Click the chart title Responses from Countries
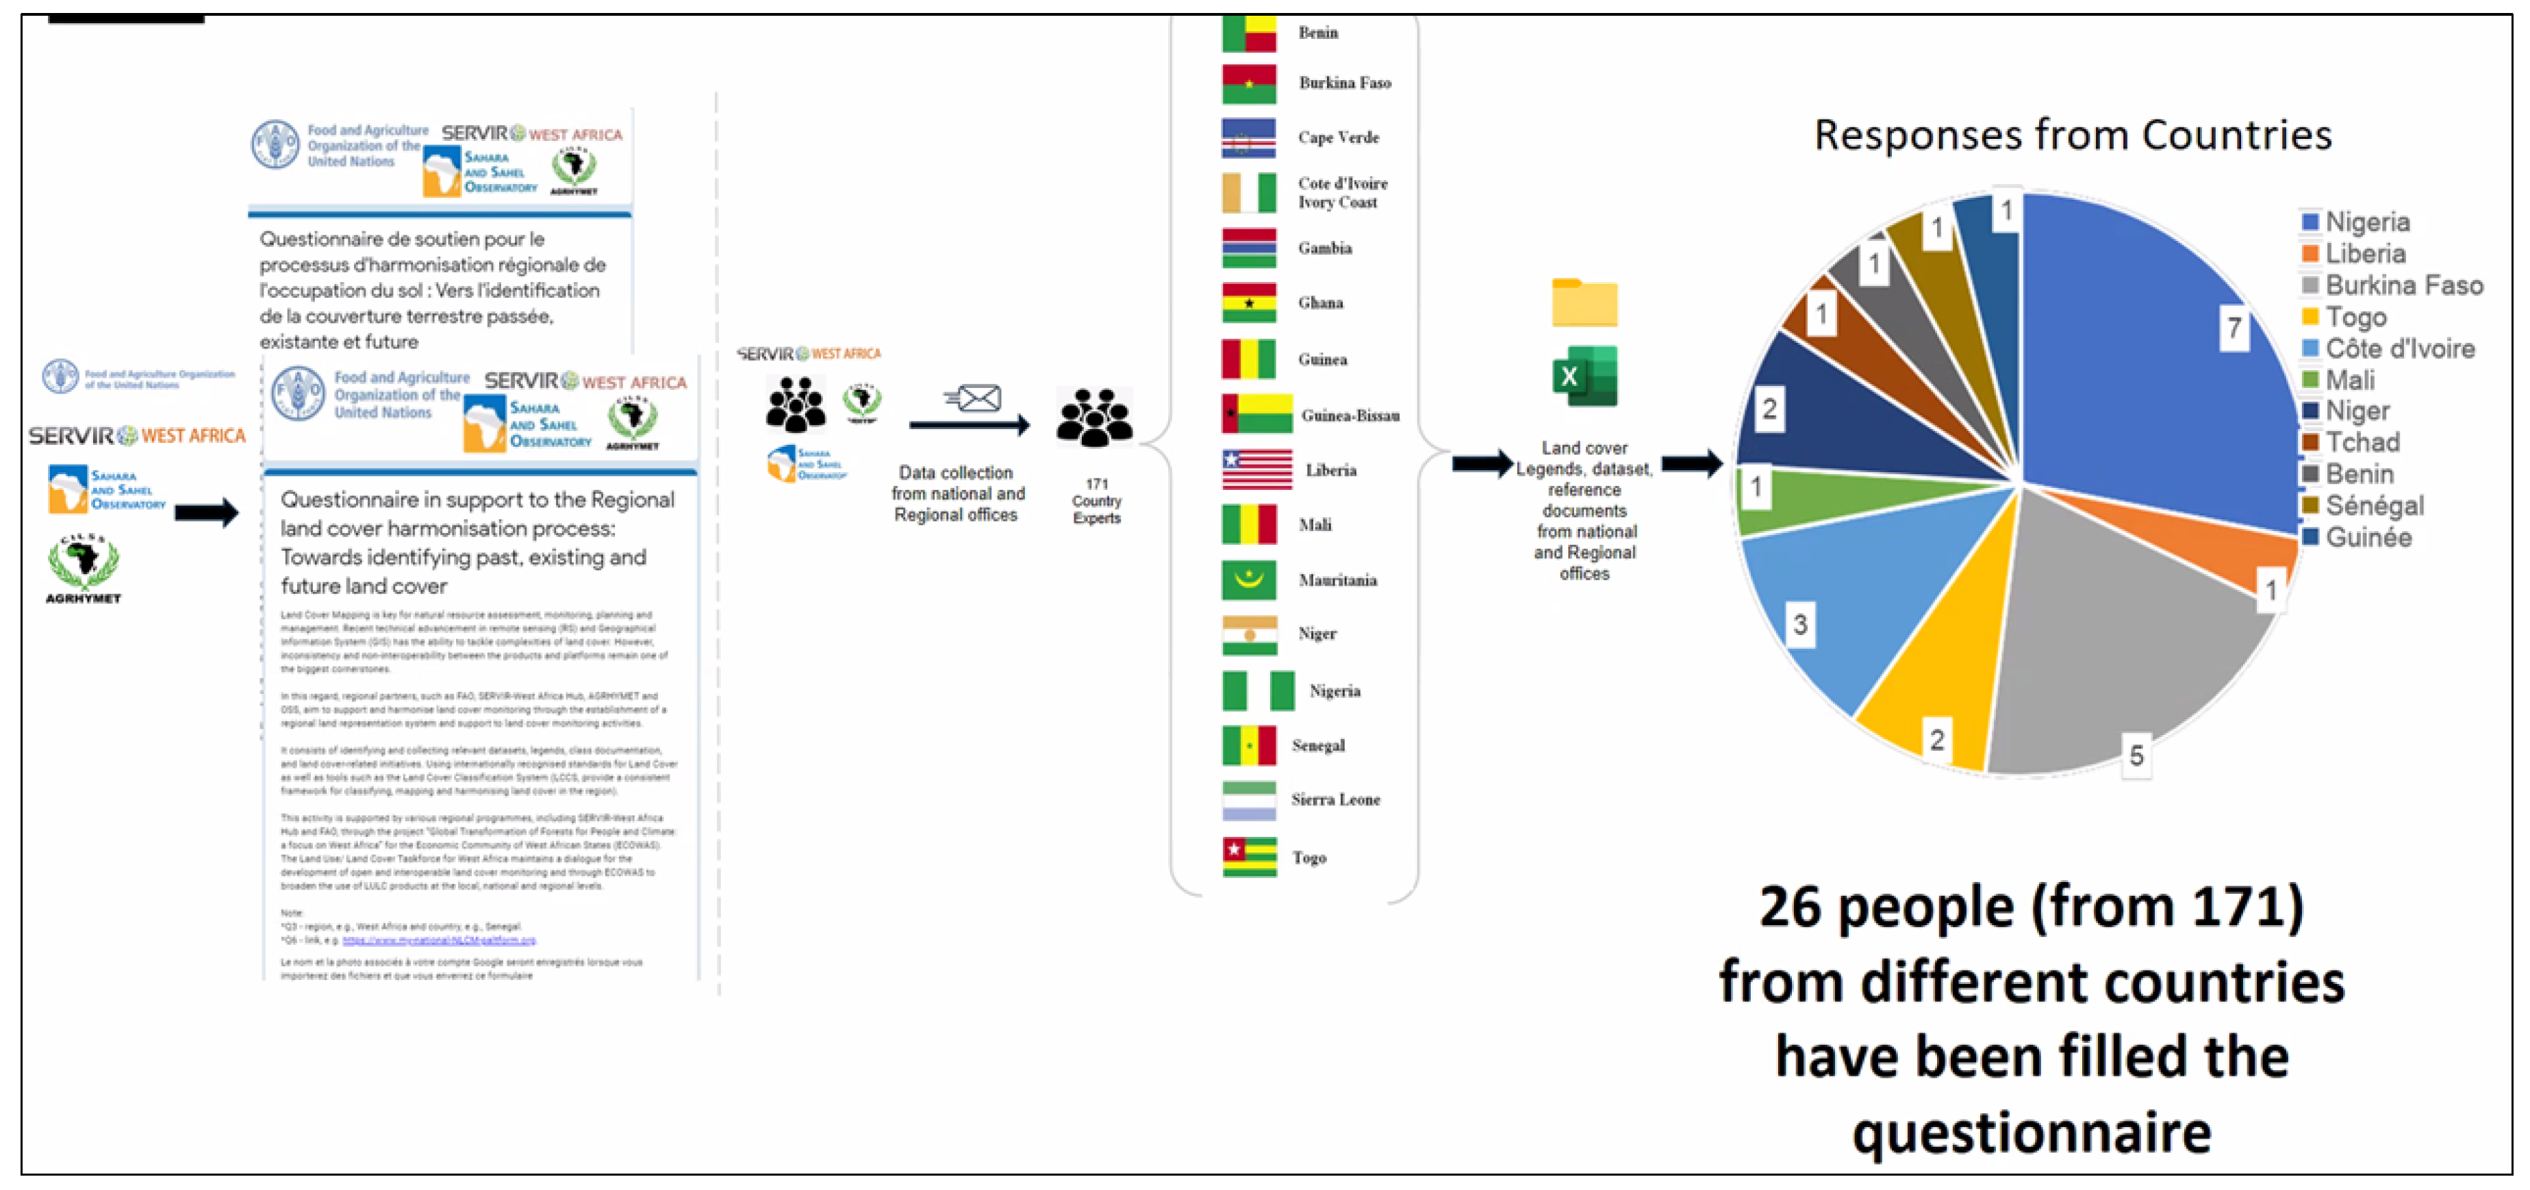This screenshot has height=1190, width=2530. coord(2073,135)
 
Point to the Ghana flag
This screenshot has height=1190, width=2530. coord(1248,302)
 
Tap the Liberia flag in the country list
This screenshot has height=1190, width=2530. coord(1256,469)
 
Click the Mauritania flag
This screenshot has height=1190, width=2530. coord(1248,580)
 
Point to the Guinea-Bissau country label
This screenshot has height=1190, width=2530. coord(1350,415)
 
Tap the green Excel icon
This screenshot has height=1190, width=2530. coord(1584,376)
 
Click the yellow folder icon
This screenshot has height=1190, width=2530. coord(1584,302)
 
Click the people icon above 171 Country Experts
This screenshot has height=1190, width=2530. coord(1095,417)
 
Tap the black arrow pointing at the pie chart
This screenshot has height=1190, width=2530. coord(1691,463)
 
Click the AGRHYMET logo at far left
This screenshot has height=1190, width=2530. coord(84,567)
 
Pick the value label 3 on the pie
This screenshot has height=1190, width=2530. coord(1799,625)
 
